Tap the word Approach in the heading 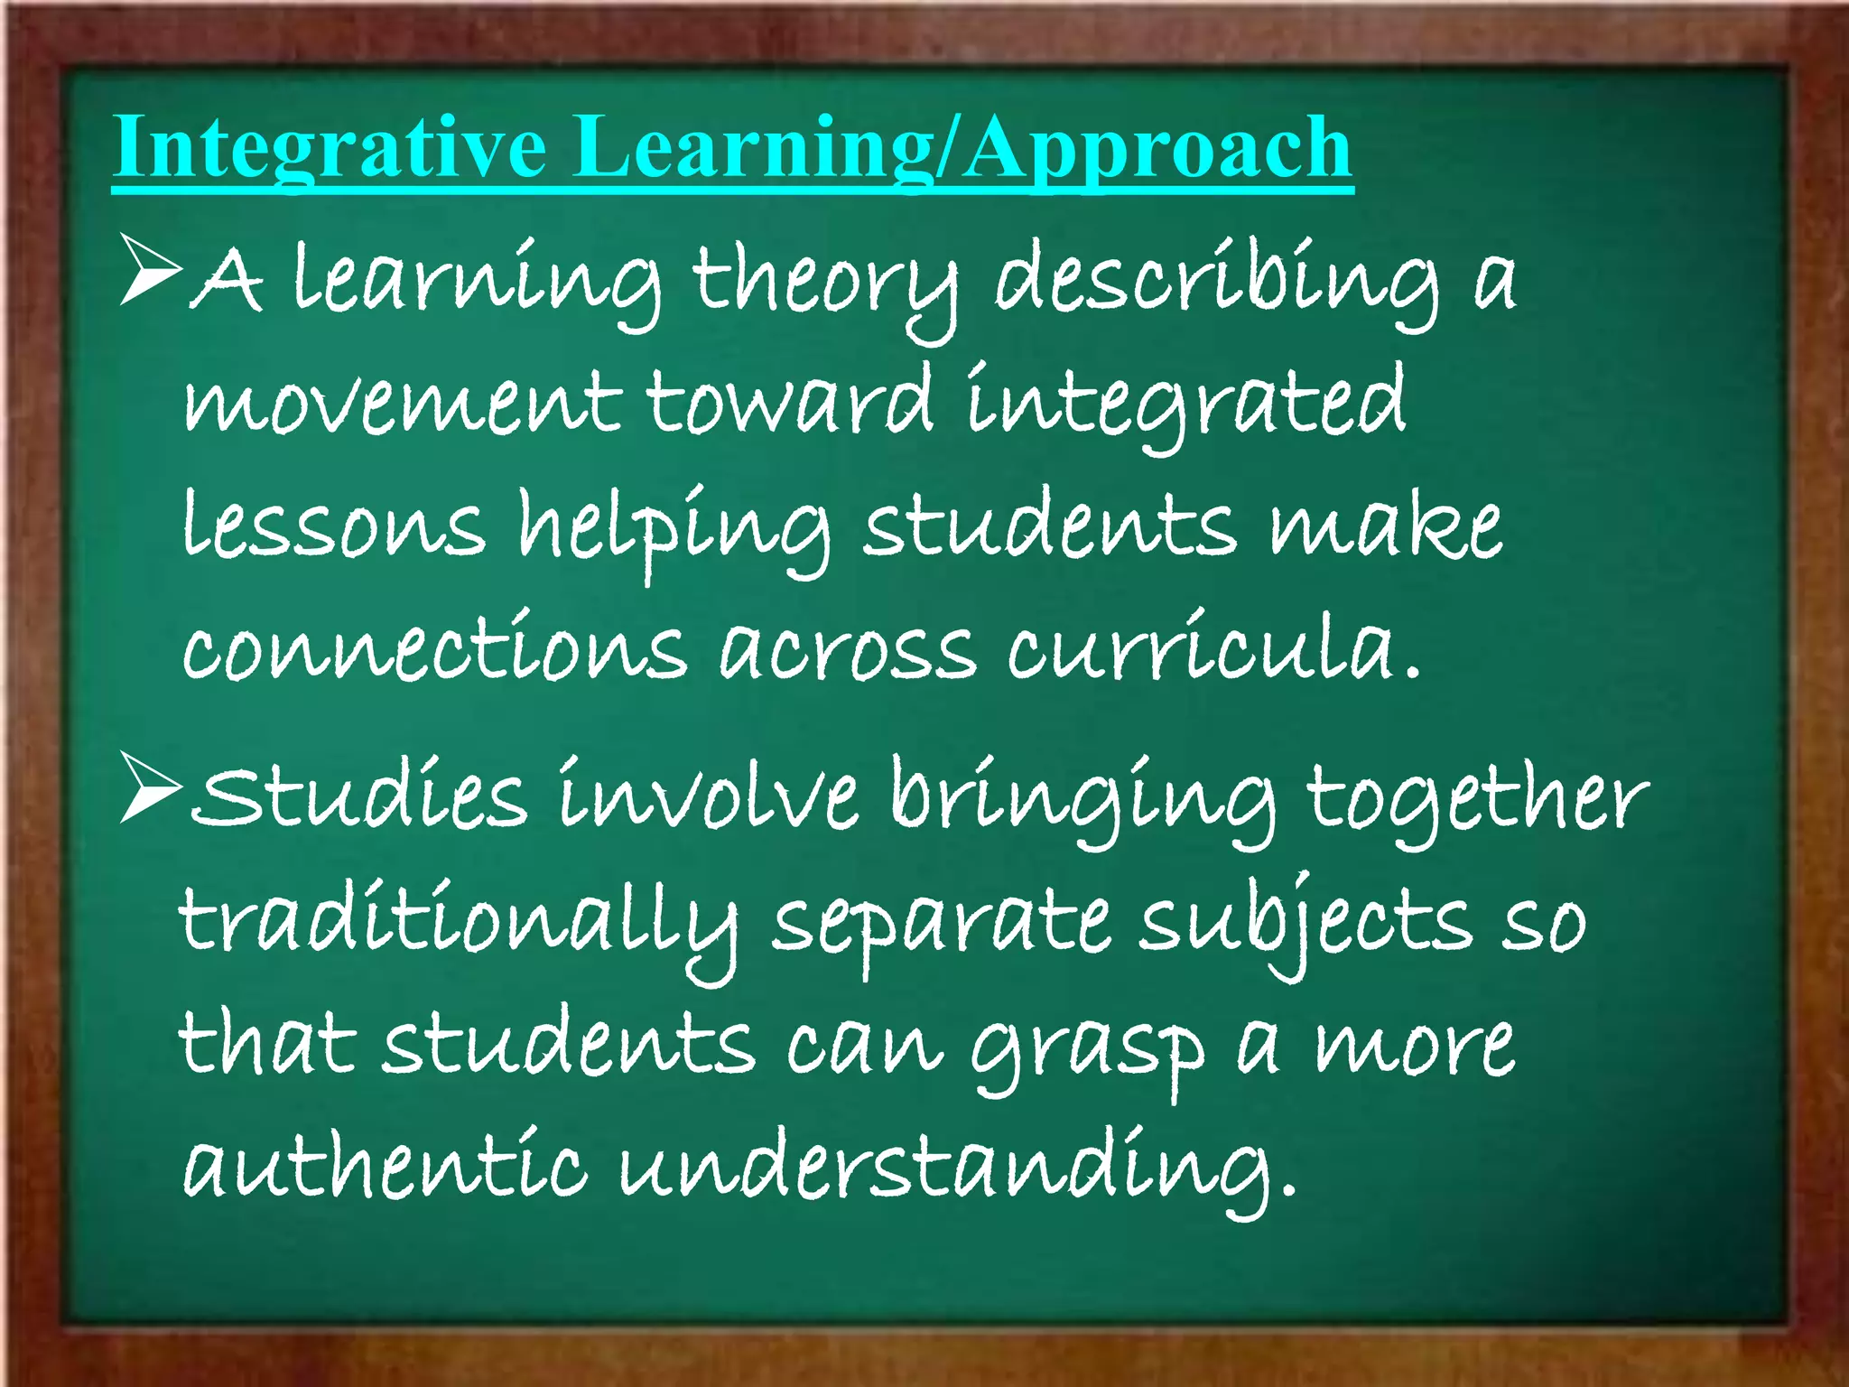pyautogui.click(x=1159, y=149)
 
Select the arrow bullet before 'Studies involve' pyautogui.click(x=152, y=788)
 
